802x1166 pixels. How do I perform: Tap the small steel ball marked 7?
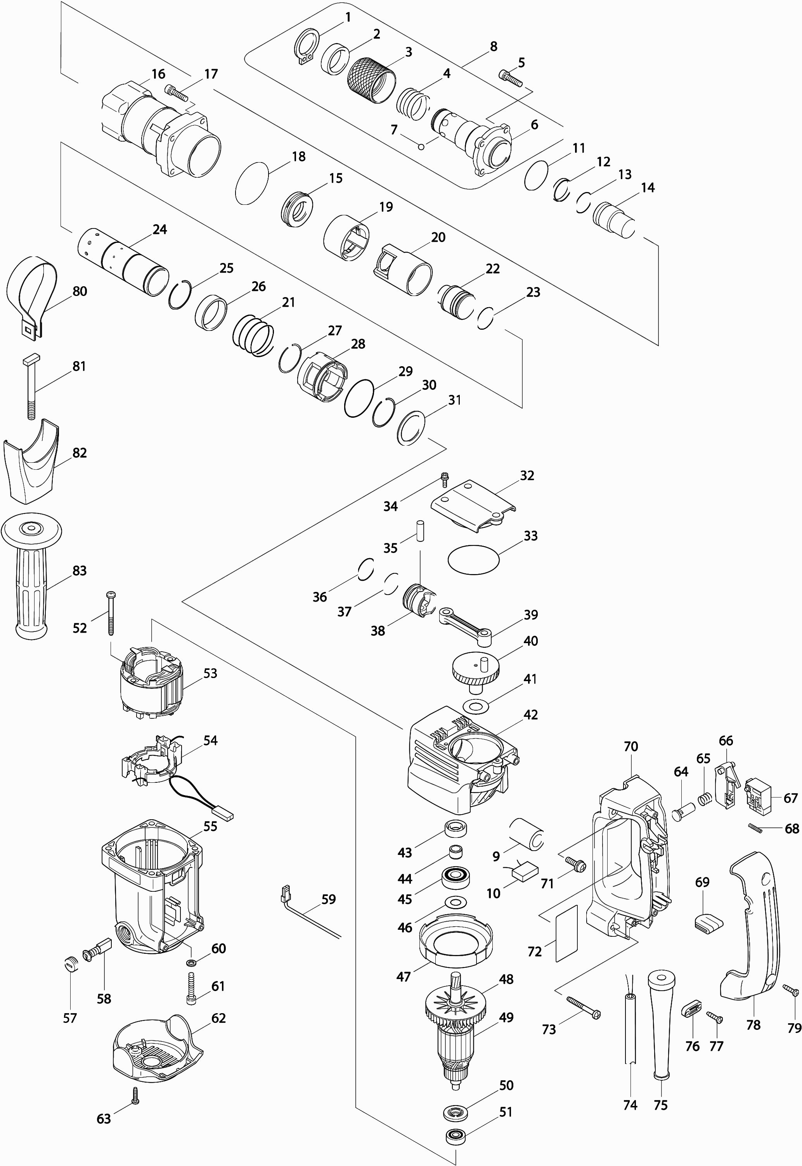pos(422,146)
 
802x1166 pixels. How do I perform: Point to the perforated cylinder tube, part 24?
pos(123,262)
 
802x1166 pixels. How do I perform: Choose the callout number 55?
pos(210,826)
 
